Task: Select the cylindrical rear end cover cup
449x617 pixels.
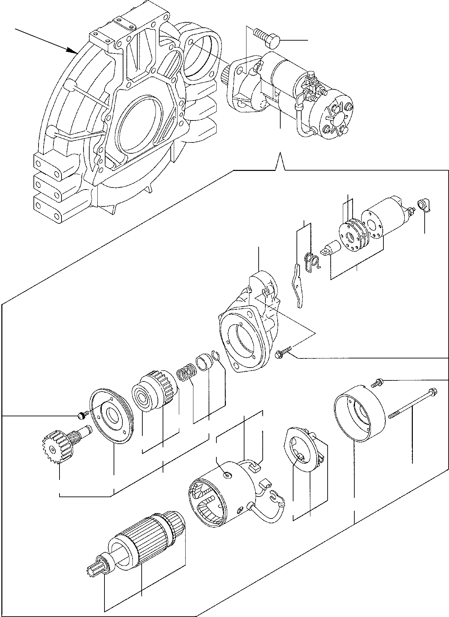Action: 359,414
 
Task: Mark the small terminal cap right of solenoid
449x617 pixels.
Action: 424,205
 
